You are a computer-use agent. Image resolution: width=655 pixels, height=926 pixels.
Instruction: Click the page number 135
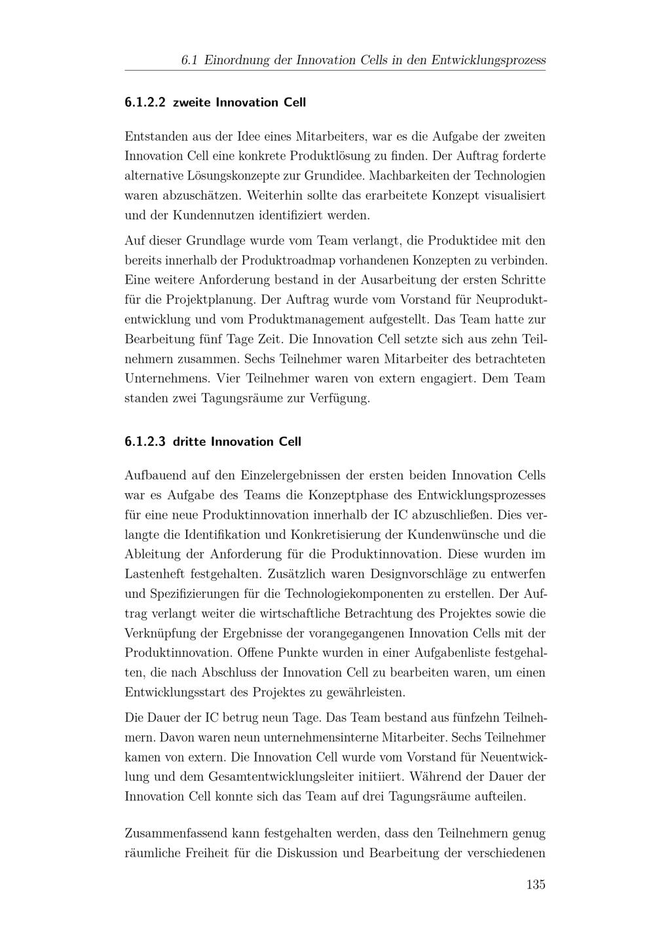coord(535,885)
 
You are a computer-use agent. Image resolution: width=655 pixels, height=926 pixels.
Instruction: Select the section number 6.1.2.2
coord(145,103)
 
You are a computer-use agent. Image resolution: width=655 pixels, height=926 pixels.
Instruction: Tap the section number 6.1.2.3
coord(145,442)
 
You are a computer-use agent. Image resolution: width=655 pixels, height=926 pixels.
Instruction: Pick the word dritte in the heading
coord(190,442)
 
